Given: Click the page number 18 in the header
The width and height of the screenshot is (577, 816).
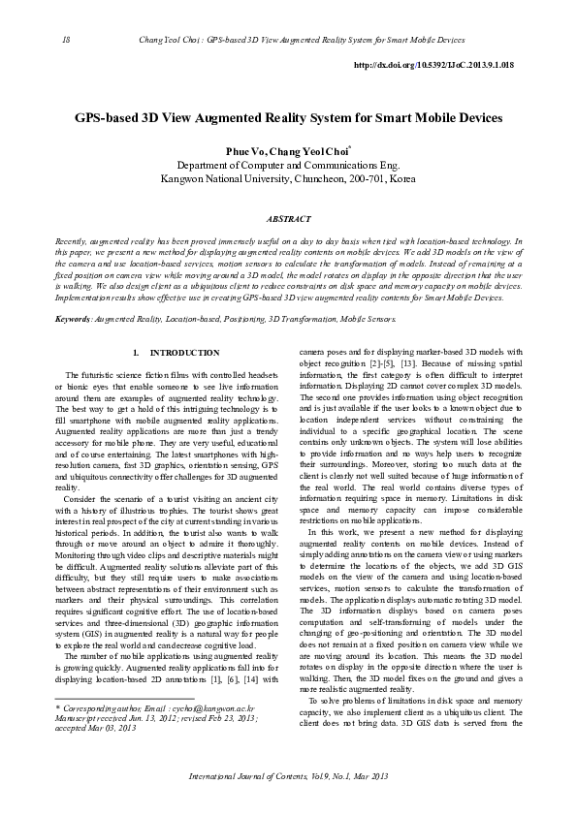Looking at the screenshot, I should coord(65,41).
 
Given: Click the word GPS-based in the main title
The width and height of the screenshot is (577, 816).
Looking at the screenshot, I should coord(110,117).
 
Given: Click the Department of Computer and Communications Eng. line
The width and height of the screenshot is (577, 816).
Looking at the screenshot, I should coord(288,167).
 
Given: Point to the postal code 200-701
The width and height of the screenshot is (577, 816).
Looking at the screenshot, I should coord(365,179).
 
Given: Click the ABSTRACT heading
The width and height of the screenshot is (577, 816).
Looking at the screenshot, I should coord(288,220).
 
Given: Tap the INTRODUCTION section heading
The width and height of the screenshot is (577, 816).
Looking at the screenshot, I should coord(185,352).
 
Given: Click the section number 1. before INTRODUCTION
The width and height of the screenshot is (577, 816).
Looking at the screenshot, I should coord(137,352).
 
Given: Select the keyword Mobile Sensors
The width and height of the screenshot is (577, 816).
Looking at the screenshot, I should coord(368,318).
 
